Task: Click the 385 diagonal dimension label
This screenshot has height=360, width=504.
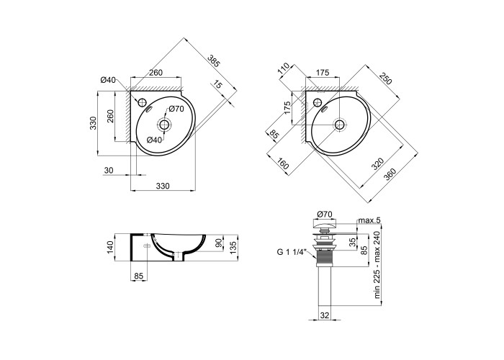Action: coord(214,61)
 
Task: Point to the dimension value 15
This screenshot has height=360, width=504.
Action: coord(217,85)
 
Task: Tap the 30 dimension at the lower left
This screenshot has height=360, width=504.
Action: coord(109,171)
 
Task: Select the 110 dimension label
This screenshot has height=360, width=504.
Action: coord(284,69)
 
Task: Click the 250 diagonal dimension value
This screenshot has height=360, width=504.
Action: coord(386,78)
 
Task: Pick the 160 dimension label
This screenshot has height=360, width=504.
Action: coord(282,164)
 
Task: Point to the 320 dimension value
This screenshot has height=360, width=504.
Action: coord(378,164)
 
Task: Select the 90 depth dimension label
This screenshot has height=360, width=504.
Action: coord(219,243)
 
